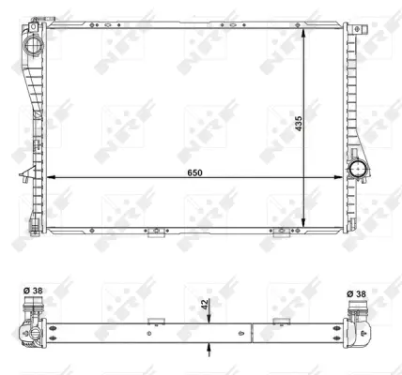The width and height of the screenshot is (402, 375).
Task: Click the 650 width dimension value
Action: point(194,172)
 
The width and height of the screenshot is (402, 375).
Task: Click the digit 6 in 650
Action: point(188,172)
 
